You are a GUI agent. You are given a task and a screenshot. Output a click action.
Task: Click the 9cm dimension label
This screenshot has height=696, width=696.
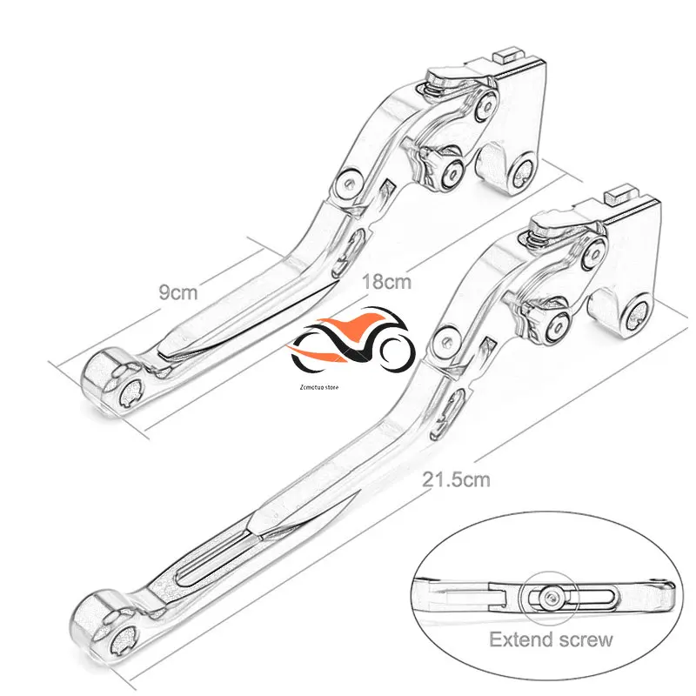coord(177,293)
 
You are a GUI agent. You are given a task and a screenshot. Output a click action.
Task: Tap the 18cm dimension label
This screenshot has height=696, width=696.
coord(386,283)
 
